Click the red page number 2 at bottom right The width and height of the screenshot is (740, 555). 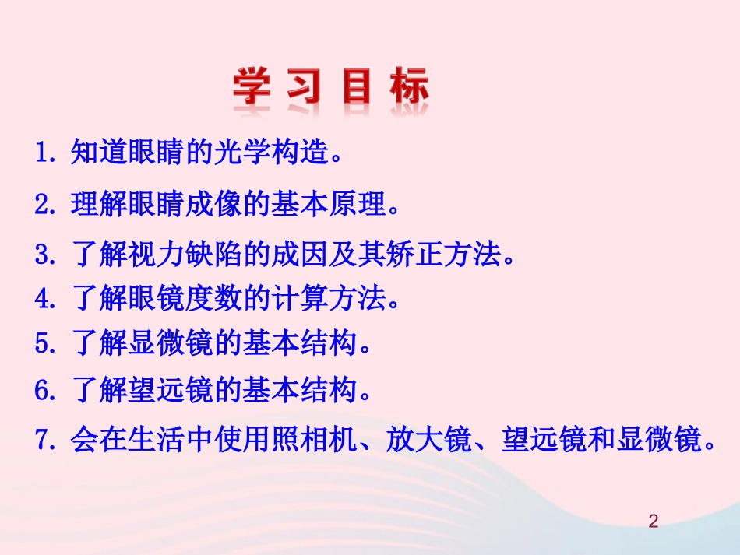(654, 521)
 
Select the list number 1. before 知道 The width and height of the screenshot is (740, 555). (49, 151)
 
